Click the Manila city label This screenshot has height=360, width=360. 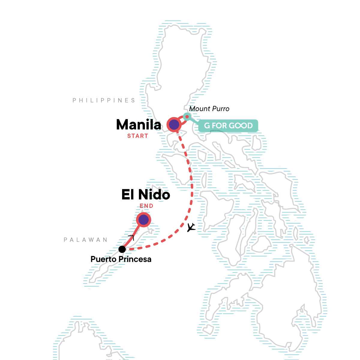(x=139, y=124)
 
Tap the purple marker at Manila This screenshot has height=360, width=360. (x=174, y=124)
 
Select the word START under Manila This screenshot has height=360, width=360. (x=138, y=136)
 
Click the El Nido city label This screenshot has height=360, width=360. (x=146, y=195)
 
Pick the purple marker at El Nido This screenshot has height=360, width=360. (x=144, y=220)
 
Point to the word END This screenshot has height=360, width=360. (x=146, y=206)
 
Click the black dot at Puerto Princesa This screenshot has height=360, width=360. (x=122, y=249)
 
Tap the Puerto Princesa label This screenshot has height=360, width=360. (x=121, y=259)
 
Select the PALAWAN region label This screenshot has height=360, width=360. (x=85, y=240)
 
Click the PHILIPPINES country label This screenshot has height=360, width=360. (x=104, y=100)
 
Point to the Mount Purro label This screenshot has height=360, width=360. (x=209, y=109)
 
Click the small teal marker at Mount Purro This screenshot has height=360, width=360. (x=187, y=117)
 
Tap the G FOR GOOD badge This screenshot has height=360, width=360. (x=228, y=126)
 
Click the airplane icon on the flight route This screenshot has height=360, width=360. (x=191, y=228)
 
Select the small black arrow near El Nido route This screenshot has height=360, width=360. (x=131, y=237)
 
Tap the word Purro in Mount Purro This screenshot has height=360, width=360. (x=220, y=109)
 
